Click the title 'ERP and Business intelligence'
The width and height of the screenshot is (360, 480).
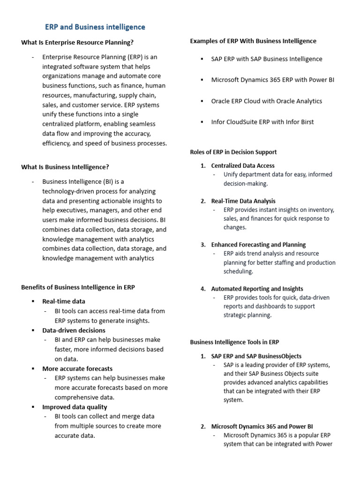click(x=95, y=27)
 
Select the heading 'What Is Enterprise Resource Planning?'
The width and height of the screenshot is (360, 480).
click(x=77, y=43)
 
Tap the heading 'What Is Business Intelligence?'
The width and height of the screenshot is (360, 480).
click(x=65, y=167)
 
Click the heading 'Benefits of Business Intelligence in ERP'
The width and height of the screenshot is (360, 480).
click(x=78, y=287)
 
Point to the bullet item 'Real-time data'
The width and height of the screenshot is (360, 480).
click(x=64, y=301)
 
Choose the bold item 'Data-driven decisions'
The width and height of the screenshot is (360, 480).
click(x=74, y=330)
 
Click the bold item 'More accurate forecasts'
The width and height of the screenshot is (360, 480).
click(x=77, y=368)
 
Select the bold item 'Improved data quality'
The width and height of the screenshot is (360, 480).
click(x=75, y=407)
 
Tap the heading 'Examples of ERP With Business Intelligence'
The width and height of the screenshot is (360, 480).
click(x=253, y=41)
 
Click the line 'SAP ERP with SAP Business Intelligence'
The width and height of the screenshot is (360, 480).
click(x=267, y=59)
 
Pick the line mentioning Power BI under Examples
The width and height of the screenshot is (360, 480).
click(x=272, y=80)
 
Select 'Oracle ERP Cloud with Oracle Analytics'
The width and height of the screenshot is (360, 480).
click(x=266, y=101)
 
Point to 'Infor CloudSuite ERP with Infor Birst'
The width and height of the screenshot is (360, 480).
click(x=262, y=122)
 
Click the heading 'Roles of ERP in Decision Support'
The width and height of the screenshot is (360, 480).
click(x=233, y=152)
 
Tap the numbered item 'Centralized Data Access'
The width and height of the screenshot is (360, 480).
click(x=243, y=165)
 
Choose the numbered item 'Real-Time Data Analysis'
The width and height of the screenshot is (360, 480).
click(x=243, y=201)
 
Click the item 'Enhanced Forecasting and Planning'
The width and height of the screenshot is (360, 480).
click(x=258, y=245)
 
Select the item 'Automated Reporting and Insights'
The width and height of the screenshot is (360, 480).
click(x=257, y=289)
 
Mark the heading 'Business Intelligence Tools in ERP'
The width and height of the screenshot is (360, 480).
click(x=234, y=342)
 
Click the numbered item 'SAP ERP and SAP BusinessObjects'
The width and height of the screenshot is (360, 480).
click(x=256, y=356)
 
